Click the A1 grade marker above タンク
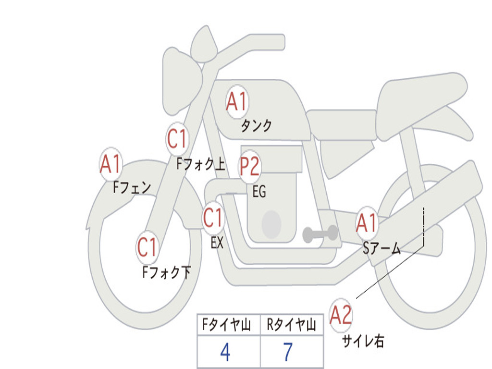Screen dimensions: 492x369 pos(237,102)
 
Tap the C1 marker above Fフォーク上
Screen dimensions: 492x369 pos(177,139)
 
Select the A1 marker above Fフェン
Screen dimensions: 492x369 pos(111,164)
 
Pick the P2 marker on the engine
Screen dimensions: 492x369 pos(250,166)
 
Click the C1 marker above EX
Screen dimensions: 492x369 pos(213,218)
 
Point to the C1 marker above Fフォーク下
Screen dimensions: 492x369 pos(147,247)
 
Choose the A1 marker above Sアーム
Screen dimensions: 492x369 pos(366,223)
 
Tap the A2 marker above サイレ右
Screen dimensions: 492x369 pos(341,315)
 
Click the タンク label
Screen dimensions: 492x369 pos(257,126)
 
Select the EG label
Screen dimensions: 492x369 pos(259,191)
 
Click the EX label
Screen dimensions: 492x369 pos(217,243)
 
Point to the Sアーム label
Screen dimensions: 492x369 pos(382,248)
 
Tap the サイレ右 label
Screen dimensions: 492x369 pos(363,341)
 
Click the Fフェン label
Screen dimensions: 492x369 pos(132,188)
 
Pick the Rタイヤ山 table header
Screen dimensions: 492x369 pos(291,324)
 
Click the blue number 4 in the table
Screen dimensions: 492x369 pos(225,352)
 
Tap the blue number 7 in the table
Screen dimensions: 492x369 pos(288,352)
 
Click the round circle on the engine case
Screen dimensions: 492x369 pos(271,224)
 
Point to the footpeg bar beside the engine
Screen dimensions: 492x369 pos(320,234)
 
